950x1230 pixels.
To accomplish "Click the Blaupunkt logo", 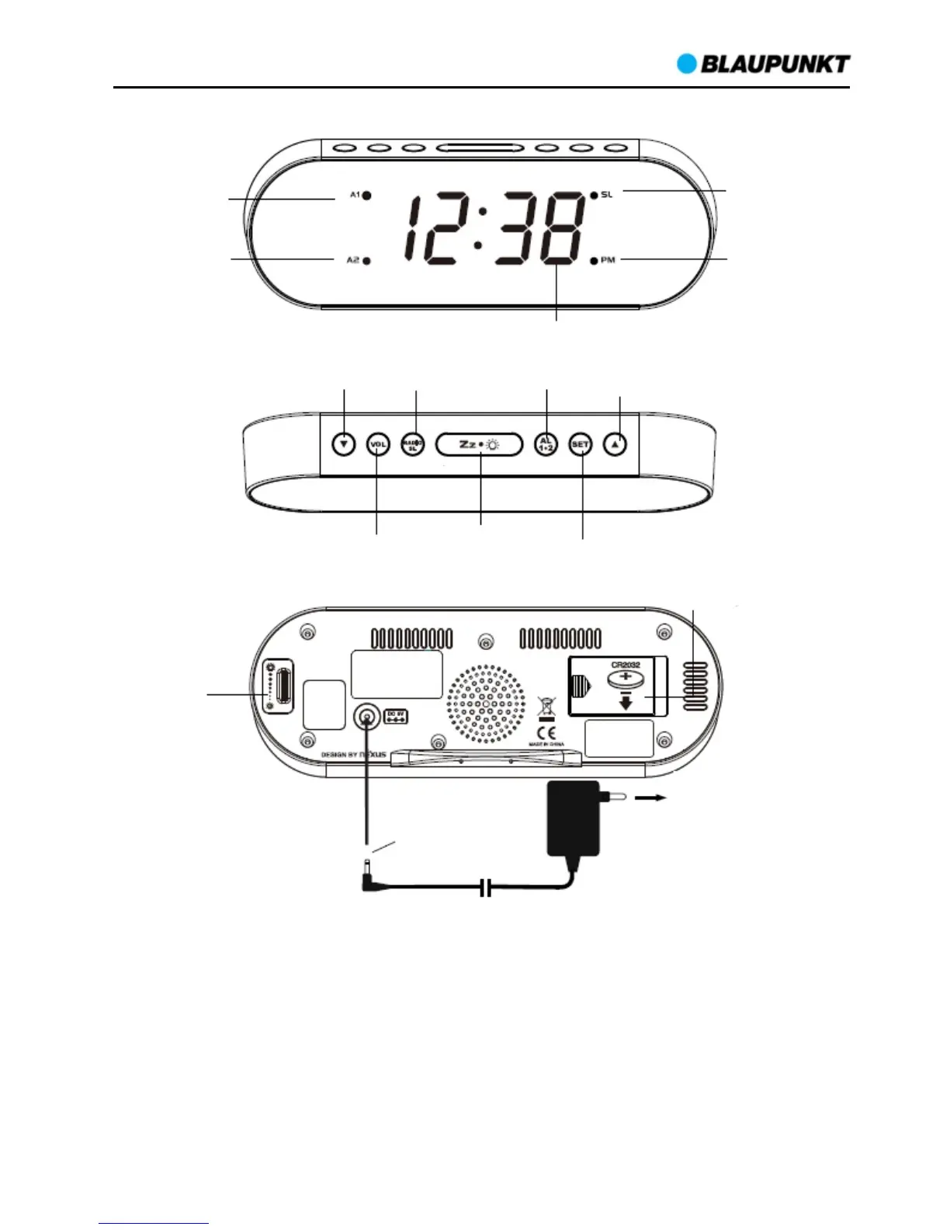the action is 764,64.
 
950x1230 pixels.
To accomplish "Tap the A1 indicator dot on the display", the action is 366,196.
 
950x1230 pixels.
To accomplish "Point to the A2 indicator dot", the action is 366,261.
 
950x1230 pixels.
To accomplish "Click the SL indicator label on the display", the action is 607,194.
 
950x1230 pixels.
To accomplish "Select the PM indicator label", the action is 608,260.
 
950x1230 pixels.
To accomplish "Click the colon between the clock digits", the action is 479,228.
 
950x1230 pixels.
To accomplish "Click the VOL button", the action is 378,445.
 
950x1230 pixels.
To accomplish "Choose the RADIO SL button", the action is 413,445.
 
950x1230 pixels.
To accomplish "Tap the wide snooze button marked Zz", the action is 480,445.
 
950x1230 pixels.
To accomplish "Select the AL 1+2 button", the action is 546,445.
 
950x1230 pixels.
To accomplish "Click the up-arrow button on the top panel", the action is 615,445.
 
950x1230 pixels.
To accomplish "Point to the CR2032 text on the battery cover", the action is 625,665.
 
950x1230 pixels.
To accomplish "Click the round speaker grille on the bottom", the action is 486,704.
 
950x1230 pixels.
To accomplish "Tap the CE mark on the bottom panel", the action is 546,731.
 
